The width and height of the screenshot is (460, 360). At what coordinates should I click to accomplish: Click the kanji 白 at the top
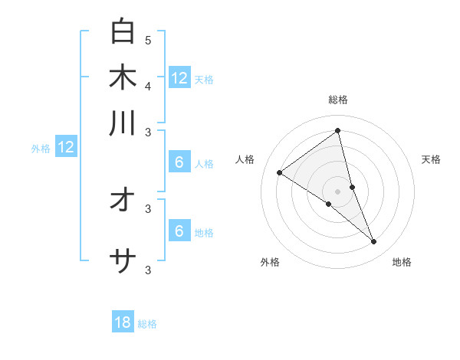tap(123, 31)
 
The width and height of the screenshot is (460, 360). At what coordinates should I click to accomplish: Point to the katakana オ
tap(123, 200)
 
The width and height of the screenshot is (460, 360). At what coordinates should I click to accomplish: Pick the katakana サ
tap(123, 262)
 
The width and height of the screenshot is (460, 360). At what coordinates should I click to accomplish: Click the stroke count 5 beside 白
tap(148, 40)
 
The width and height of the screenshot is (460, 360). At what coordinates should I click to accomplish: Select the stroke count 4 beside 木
tap(148, 86)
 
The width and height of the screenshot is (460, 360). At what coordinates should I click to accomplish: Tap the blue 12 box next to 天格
tap(179, 77)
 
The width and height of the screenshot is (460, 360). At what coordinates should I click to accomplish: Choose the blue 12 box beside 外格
tap(66, 147)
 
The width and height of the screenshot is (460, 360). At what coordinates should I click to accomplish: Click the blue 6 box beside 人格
tap(179, 162)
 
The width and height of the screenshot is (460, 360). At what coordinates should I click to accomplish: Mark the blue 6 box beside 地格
tap(179, 231)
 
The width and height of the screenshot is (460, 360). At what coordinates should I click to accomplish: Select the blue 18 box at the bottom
tap(123, 322)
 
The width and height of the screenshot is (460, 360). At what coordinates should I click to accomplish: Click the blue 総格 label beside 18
tap(147, 324)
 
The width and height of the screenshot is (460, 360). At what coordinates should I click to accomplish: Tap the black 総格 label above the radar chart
tap(338, 100)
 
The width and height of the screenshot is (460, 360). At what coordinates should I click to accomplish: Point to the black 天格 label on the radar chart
tap(432, 159)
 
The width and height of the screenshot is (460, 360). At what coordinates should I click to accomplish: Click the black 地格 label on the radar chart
tap(402, 262)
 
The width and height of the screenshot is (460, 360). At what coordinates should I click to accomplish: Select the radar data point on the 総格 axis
tap(338, 131)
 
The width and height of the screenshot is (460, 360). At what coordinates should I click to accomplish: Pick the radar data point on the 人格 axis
tap(280, 172)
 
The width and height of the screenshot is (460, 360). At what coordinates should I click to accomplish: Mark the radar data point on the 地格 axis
tap(374, 242)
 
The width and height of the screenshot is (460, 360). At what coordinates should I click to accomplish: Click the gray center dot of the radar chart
tap(338, 191)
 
